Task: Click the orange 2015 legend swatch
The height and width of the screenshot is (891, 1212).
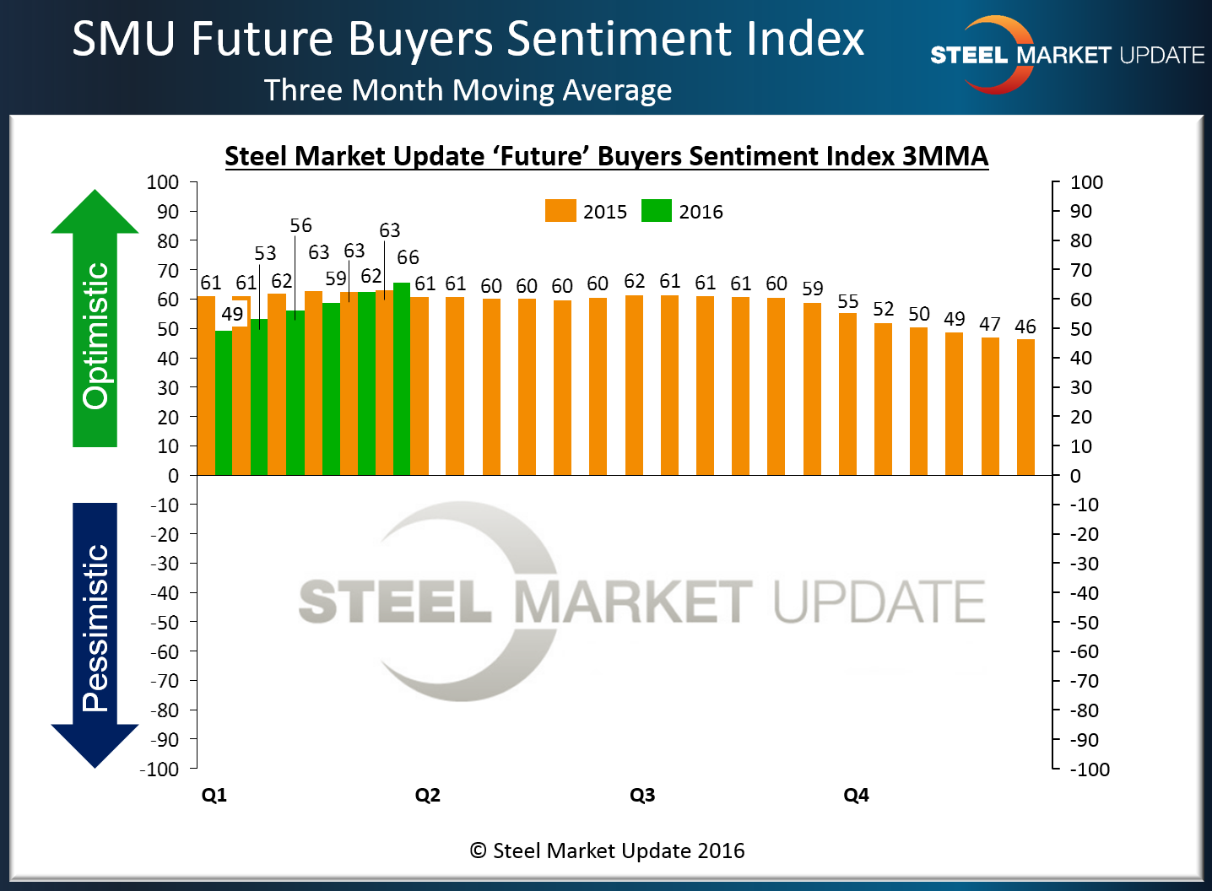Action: point(560,211)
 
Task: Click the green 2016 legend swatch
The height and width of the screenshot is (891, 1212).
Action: point(656,211)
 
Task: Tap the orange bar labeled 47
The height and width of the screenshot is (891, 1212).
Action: point(990,406)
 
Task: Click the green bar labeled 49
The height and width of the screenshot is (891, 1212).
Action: point(224,402)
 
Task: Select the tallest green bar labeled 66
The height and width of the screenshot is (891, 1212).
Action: point(402,379)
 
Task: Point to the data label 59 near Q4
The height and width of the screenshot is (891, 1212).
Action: point(813,289)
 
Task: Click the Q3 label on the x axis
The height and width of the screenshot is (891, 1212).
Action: point(642,795)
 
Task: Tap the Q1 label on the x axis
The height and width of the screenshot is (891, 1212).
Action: point(214,795)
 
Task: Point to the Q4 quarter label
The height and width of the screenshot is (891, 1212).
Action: point(856,795)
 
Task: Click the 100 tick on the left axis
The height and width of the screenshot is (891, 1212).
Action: point(163,182)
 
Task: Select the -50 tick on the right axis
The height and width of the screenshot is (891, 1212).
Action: point(1085,623)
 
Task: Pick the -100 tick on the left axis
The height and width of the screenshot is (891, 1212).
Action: point(160,769)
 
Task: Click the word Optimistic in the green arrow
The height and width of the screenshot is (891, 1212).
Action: point(95,336)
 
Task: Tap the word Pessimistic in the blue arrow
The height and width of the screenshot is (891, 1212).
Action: point(95,628)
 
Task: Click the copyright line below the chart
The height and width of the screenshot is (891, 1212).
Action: point(607,850)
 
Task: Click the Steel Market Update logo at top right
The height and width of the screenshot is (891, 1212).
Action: point(1067,55)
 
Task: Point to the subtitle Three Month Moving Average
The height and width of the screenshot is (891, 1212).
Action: point(468,90)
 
